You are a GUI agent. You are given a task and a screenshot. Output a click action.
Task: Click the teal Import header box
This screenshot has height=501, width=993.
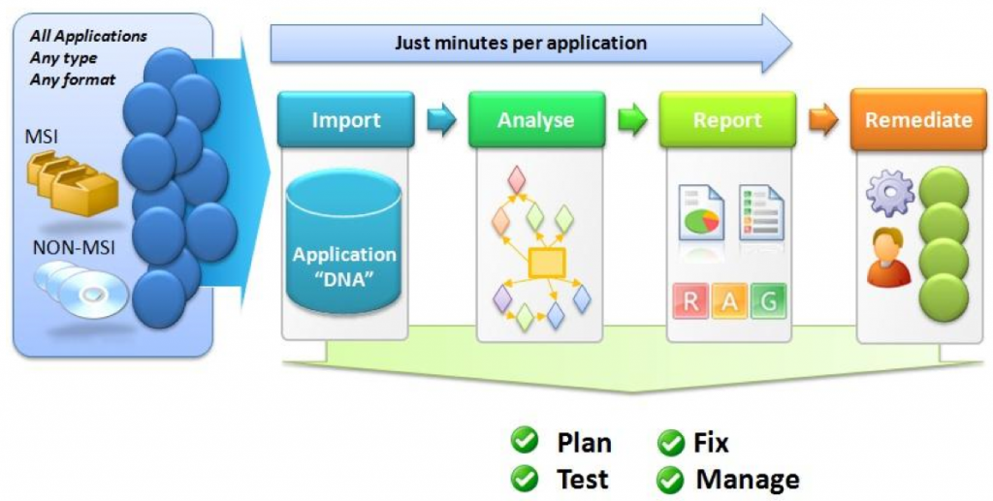click(x=346, y=120)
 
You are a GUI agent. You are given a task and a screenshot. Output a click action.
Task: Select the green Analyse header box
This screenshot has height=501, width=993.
click(x=536, y=120)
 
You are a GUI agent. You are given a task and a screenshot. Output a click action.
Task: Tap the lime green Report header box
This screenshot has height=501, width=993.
click(x=727, y=120)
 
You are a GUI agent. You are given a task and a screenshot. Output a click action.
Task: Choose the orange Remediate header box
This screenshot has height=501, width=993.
click(x=918, y=120)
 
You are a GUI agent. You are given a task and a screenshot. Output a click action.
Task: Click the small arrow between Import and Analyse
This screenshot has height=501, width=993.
click(x=441, y=122)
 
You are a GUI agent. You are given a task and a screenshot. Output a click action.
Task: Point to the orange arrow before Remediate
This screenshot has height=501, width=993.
click(x=823, y=121)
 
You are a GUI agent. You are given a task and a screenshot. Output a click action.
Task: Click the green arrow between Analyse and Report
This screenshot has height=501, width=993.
click(x=632, y=122)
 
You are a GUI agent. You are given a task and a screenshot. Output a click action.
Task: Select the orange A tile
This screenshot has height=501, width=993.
click(x=729, y=300)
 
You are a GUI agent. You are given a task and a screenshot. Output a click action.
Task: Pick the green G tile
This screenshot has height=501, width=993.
click(x=767, y=300)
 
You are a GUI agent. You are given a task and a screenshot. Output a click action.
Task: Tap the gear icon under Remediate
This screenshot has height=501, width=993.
click(x=888, y=192)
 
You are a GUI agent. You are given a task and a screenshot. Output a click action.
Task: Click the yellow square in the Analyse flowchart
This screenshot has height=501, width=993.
click(x=546, y=261)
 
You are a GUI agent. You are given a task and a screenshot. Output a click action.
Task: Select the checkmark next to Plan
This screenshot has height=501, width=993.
click(x=526, y=442)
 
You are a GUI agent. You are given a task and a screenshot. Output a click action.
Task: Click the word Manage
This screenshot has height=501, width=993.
click(x=747, y=479)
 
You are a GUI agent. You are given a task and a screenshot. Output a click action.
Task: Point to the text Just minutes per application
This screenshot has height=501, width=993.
click(x=521, y=43)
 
